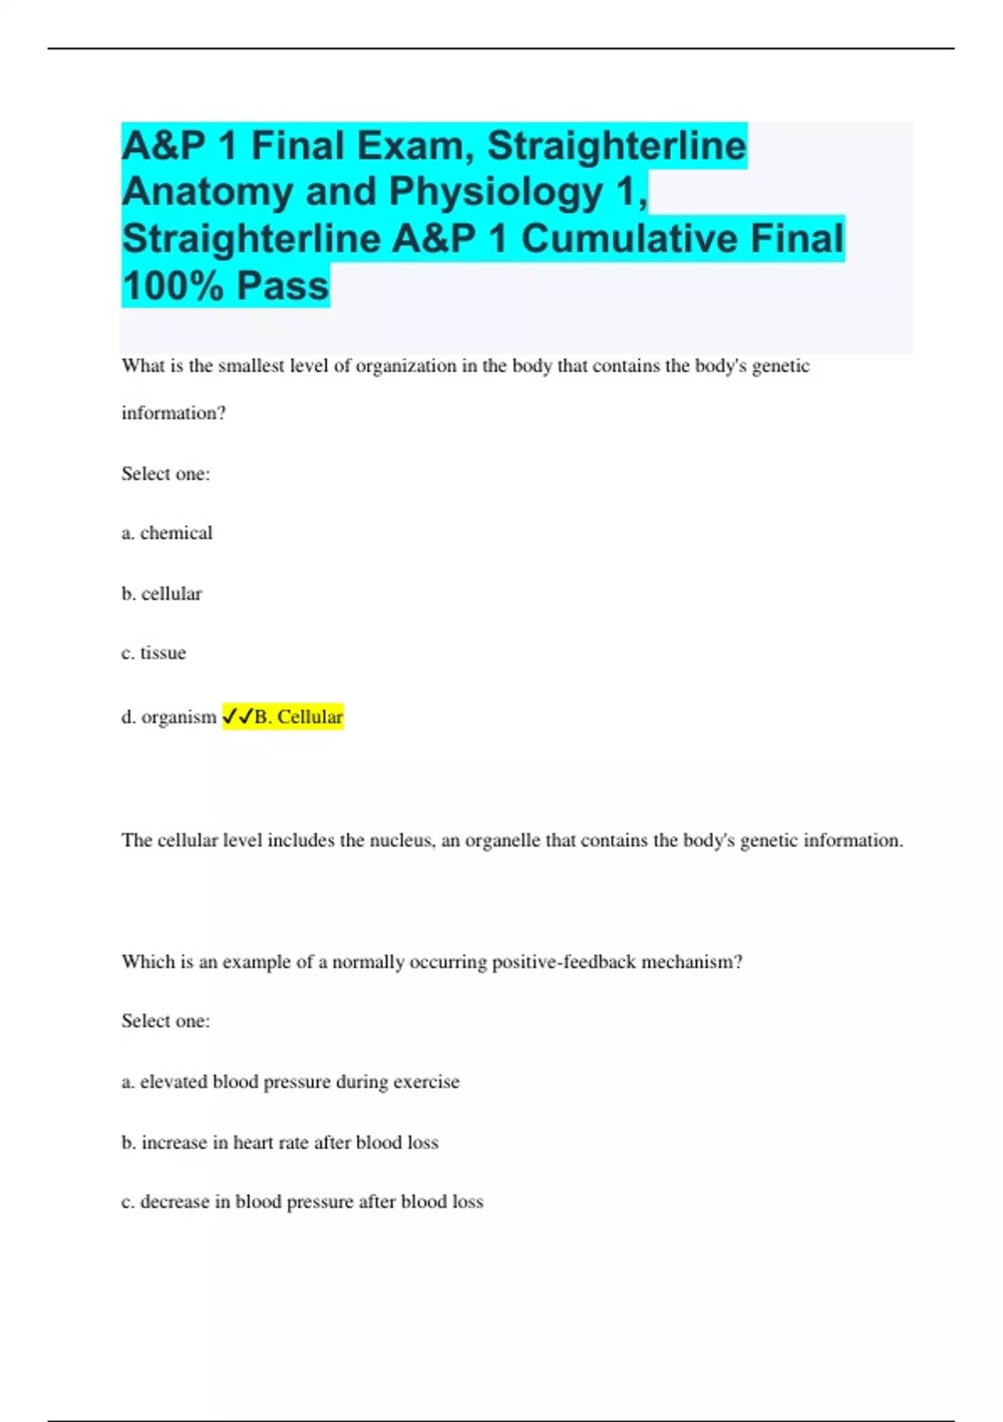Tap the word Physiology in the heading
tap(496, 192)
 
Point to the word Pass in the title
tap(283, 286)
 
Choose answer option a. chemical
tap(167, 533)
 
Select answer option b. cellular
tap(162, 594)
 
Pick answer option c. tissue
tap(154, 653)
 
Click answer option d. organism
tap(169, 717)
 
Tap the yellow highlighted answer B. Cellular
tap(298, 717)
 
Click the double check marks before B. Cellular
tap(237, 717)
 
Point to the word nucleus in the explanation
tap(401, 841)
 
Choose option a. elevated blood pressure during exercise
tap(290, 1082)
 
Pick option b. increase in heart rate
tap(280, 1143)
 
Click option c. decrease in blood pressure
tap(302, 1202)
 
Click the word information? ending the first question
tap(174, 413)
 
